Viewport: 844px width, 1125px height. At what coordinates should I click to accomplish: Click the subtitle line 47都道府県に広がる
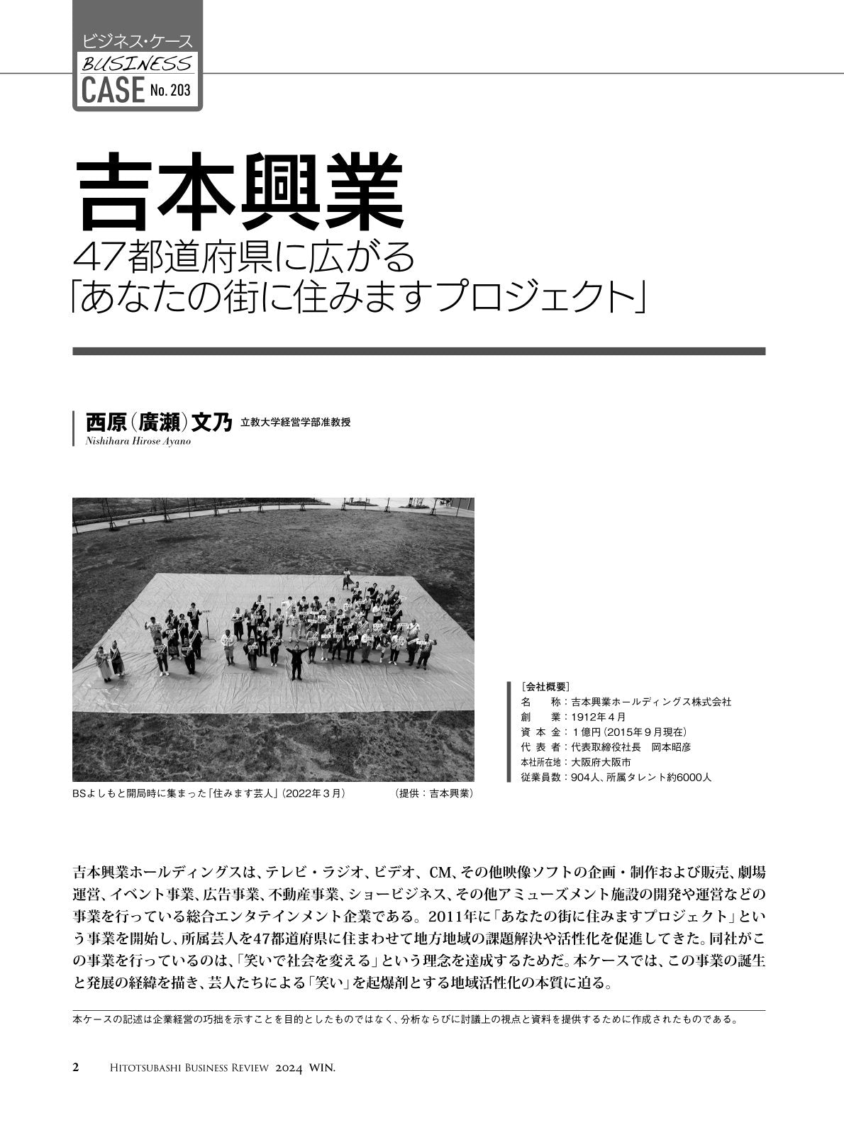[244, 260]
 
